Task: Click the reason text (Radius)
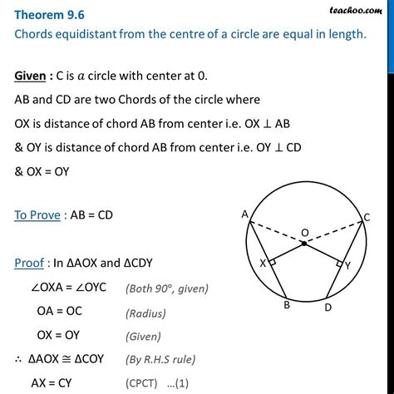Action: pyautogui.click(x=146, y=314)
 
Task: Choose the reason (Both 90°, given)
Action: pyautogui.click(x=167, y=289)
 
